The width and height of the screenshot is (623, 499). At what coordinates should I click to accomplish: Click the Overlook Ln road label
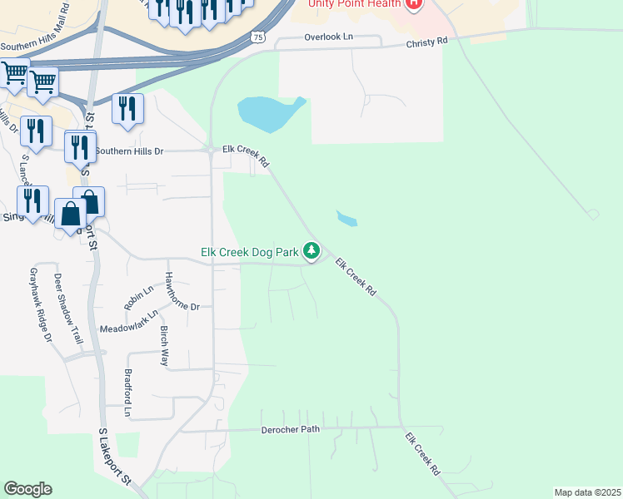tap(328, 37)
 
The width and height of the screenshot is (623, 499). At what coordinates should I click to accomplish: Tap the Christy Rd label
tap(426, 40)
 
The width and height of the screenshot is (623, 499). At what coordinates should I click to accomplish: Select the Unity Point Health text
tap(355, 3)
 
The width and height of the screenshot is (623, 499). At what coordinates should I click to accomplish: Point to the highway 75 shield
tap(258, 37)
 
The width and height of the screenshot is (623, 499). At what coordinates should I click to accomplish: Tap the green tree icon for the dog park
tap(311, 250)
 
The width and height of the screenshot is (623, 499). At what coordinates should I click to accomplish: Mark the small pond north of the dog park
tap(346, 219)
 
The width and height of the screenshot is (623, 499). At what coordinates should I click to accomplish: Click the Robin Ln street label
tap(139, 298)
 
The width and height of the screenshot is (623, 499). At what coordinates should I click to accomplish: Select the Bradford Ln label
tap(128, 393)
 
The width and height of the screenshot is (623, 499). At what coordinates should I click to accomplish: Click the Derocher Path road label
tap(291, 430)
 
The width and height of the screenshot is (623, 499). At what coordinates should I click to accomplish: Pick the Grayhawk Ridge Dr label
tap(41, 305)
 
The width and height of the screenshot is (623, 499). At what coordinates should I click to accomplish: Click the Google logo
tap(27, 489)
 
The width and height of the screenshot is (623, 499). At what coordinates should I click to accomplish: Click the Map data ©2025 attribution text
tap(587, 492)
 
